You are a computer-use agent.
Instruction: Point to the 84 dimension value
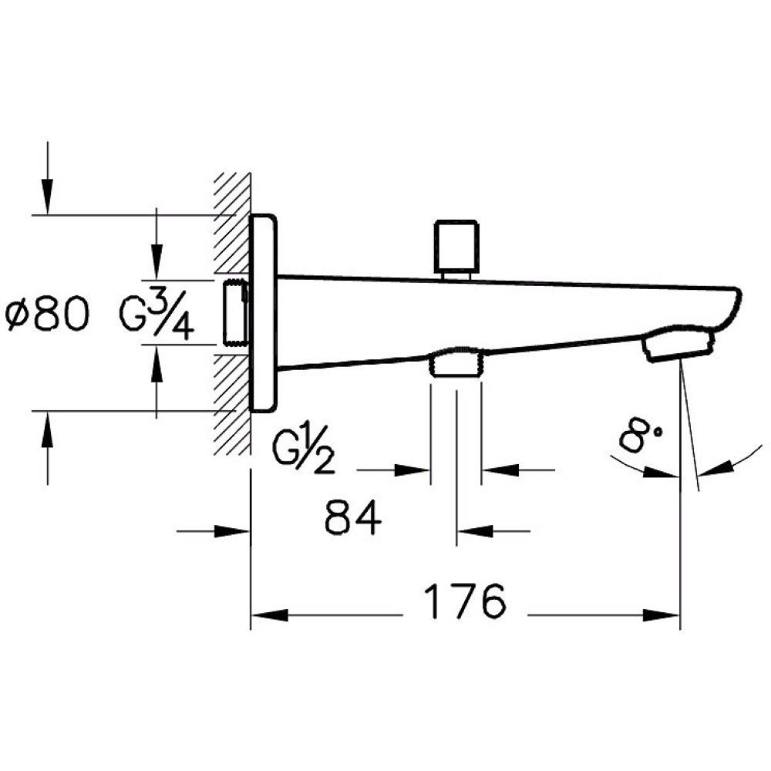pyautogui.click(x=353, y=517)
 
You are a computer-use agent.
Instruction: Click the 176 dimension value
pyautogui.click(x=466, y=601)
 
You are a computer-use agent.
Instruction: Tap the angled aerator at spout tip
pyautogui.click(x=677, y=345)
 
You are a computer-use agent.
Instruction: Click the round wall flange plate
pyautogui.click(x=264, y=312)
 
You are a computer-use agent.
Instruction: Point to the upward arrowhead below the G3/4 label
pyautogui.click(x=157, y=361)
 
